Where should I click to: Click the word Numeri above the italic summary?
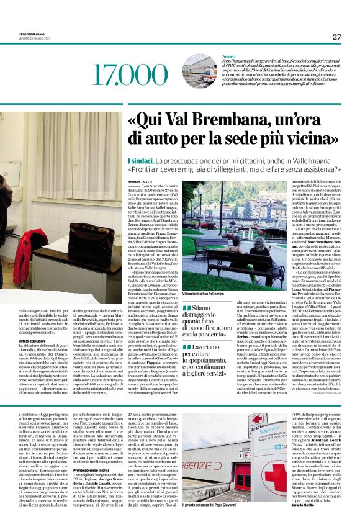click(x=229, y=55)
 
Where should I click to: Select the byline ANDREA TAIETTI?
click(x=141, y=180)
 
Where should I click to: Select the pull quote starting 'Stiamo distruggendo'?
click(x=212, y=317)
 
